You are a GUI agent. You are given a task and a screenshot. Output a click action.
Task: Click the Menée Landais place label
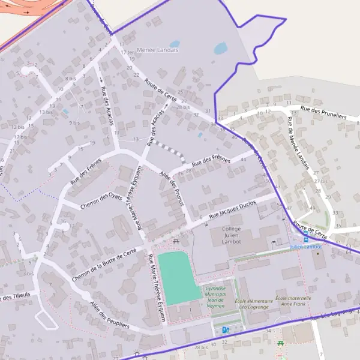pos(158,50)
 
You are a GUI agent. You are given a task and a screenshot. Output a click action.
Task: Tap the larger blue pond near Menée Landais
pos(220,47)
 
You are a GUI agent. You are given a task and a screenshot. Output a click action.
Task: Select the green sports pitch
pos(178,277)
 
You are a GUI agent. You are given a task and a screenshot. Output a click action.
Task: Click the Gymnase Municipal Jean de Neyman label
pos(215,297)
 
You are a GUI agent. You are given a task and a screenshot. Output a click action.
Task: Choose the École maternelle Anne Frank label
pos(293,301)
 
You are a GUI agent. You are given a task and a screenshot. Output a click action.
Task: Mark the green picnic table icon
pos(280,343)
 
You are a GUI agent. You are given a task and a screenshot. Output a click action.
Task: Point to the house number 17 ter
pos(127,52)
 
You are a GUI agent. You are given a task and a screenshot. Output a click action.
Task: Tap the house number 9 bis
pos(75,122)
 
